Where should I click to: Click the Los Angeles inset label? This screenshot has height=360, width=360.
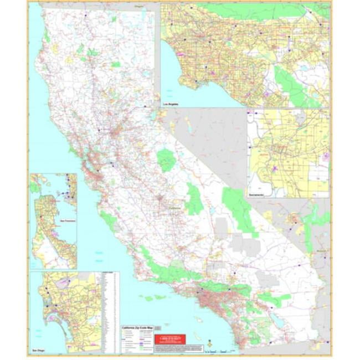[x=170, y=104]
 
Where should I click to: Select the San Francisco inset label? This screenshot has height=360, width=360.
[x=68, y=220]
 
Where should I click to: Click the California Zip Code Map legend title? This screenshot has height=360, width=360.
[x=137, y=328]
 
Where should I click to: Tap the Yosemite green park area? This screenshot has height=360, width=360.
[x=166, y=160]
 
